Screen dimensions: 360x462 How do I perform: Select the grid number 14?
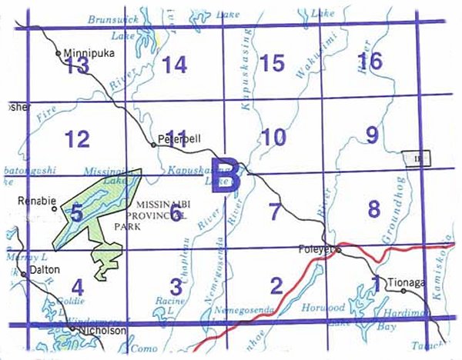tap(175, 65)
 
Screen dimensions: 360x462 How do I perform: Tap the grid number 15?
tap(273, 63)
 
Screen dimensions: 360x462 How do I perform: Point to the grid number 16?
tap(370, 61)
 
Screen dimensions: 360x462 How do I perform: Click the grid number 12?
tap(77, 139)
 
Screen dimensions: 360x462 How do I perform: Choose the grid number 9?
tap(372, 136)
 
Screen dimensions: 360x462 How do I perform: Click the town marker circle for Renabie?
tap(53, 208)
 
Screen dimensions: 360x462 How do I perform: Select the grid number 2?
tap(276, 286)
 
